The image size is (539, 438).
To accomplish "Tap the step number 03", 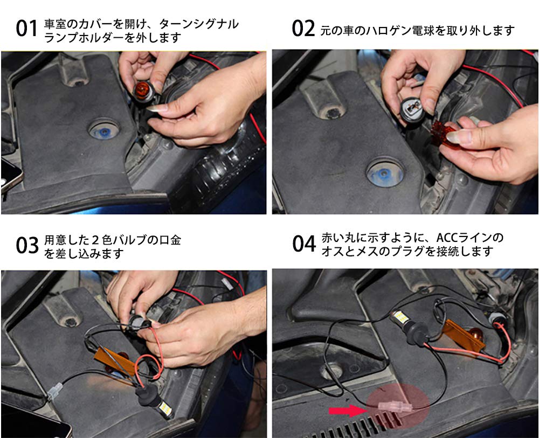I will (x=26, y=245).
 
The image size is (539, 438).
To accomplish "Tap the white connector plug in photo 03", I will (x=57, y=391).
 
